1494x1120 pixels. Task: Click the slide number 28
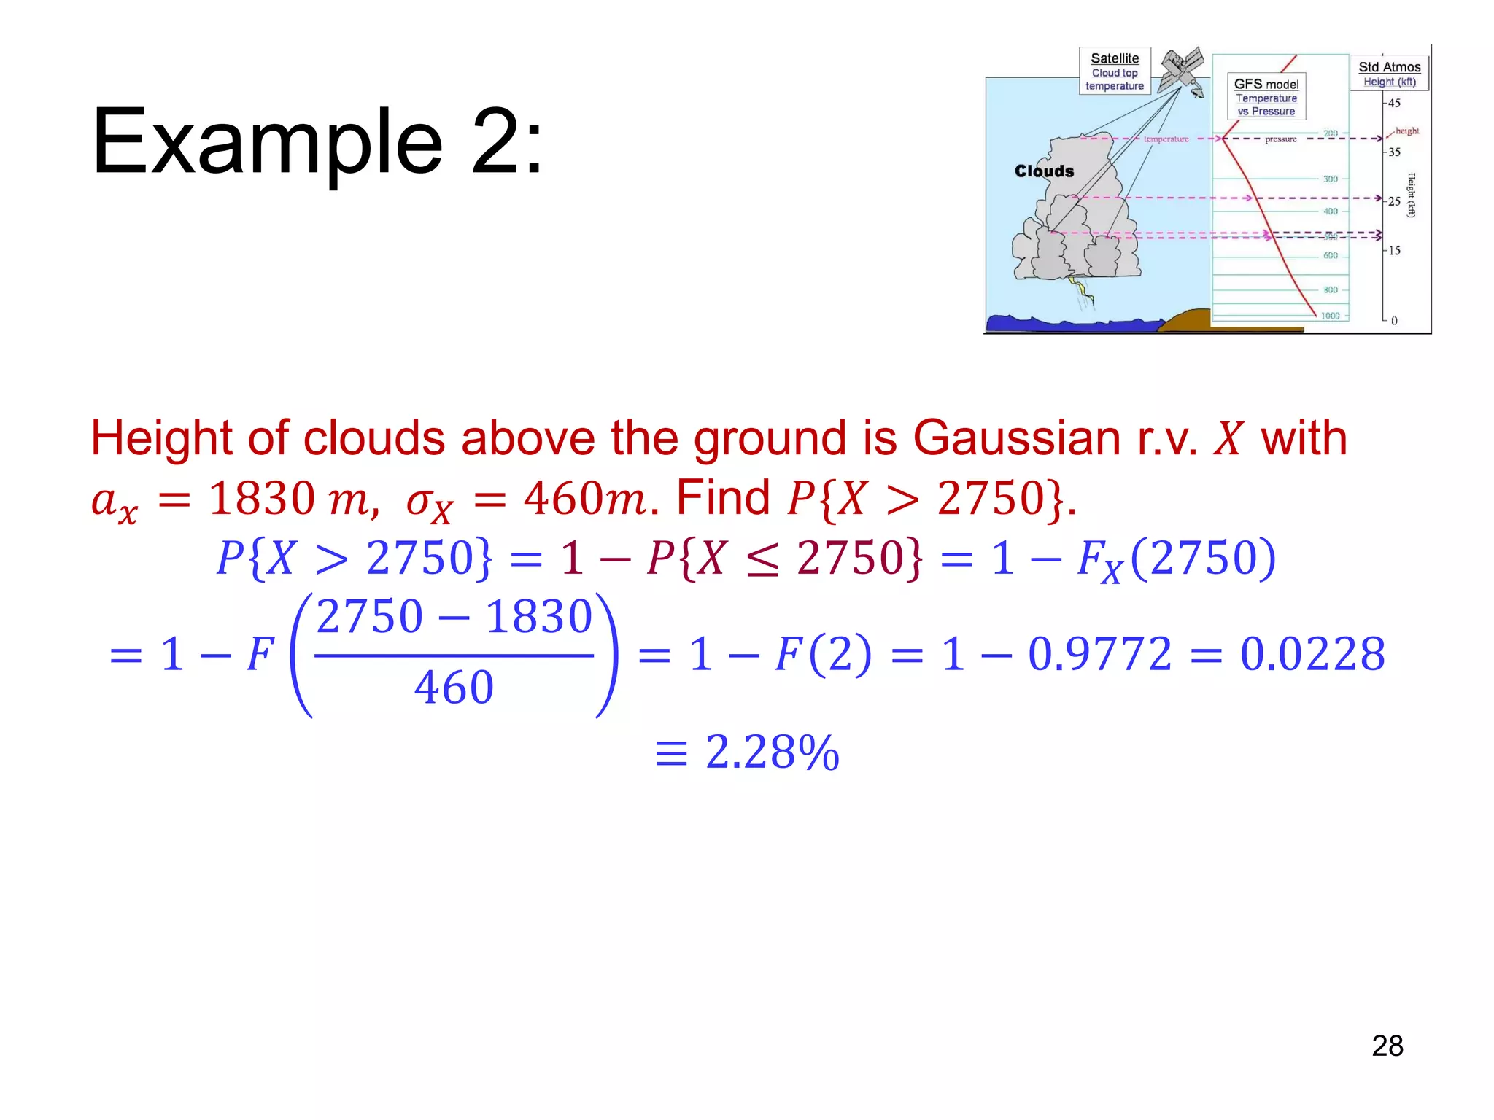click(1387, 1046)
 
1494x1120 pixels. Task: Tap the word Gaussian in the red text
click(1017, 438)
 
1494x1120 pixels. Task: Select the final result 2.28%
click(772, 752)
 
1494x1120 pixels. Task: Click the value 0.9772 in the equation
click(1099, 653)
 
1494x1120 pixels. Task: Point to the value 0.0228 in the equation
click(1312, 653)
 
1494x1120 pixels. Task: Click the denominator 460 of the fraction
click(454, 688)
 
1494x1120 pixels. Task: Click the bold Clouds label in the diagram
click(1044, 171)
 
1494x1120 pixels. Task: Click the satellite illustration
click(1182, 71)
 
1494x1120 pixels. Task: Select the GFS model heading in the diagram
click(1266, 84)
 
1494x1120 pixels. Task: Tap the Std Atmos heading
click(1389, 67)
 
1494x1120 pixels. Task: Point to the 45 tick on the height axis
click(1394, 103)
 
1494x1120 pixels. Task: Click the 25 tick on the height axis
click(1394, 201)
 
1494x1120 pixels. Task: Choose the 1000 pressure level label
click(1330, 316)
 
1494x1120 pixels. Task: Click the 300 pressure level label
click(1331, 179)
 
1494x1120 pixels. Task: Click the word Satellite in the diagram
click(1115, 58)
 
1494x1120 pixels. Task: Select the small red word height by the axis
click(1407, 131)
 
